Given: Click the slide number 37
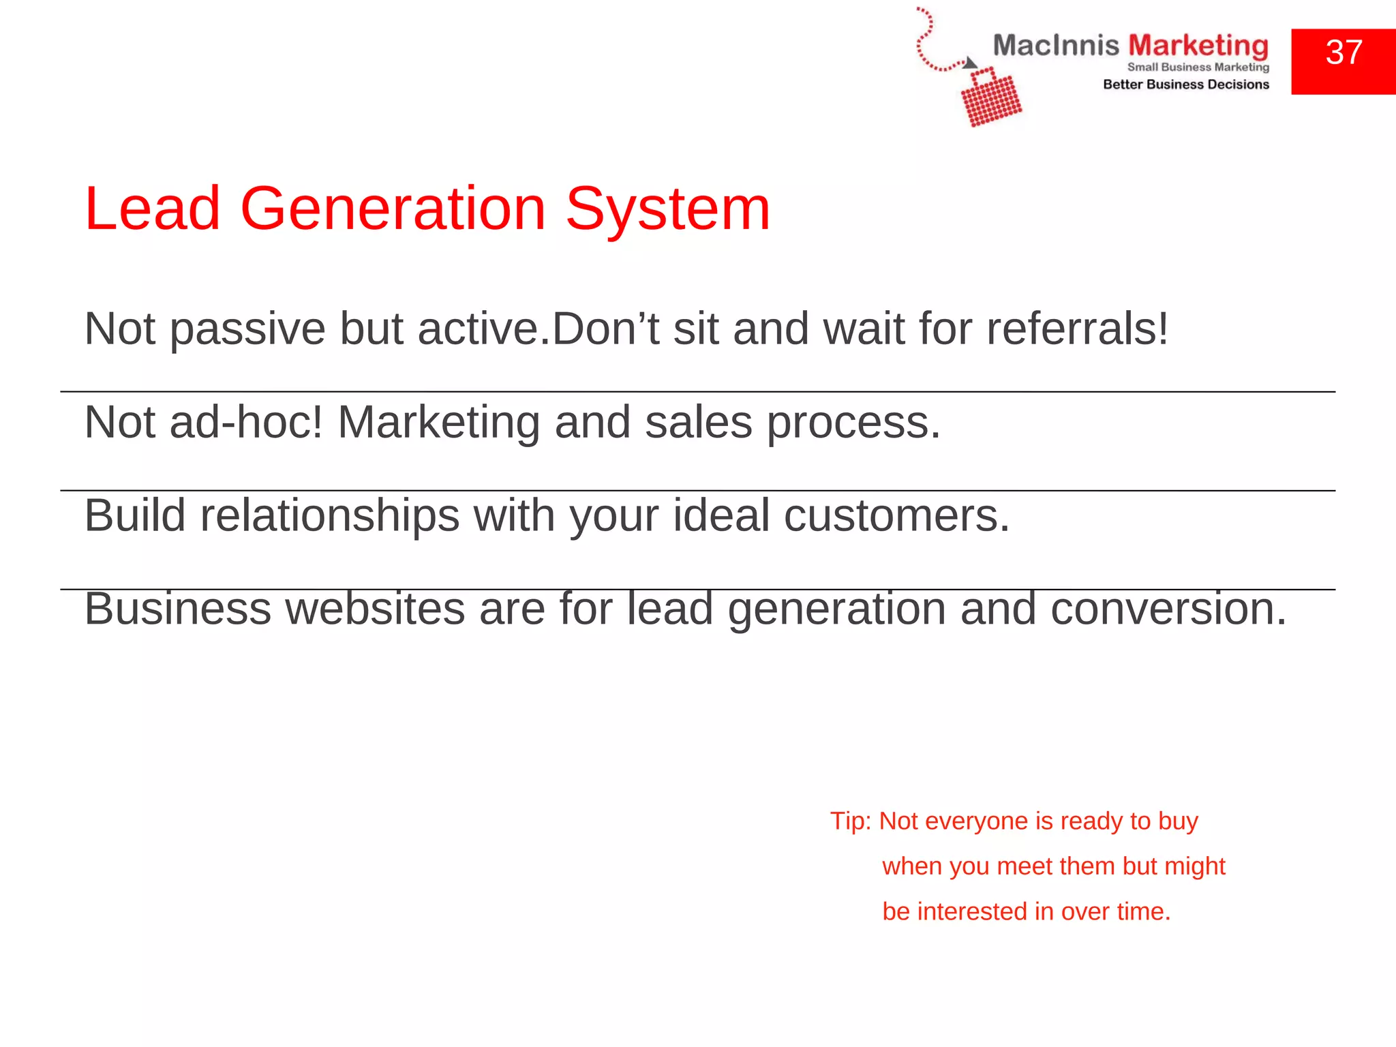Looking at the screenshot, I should click(1344, 53).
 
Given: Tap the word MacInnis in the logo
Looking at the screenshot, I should click(1055, 46).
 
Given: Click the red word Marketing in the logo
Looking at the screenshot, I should click(1198, 46).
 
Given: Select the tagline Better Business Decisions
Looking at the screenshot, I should click(1186, 85).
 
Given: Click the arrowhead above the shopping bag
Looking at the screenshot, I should click(970, 63).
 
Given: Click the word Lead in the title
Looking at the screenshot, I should click(152, 209).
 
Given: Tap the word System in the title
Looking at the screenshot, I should click(668, 209).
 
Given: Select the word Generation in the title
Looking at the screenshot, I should click(393, 209).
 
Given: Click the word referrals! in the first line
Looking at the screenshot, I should click(1078, 329).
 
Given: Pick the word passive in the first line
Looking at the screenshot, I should click(247, 329).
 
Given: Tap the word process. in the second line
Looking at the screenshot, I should click(853, 422).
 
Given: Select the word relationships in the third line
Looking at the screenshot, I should click(329, 515).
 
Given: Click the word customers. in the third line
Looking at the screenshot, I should click(896, 515).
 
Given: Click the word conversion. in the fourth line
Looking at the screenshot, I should click(1168, 608).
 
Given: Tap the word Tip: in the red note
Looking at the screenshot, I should click(850, 821).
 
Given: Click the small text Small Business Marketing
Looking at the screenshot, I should click(1198, 67).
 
